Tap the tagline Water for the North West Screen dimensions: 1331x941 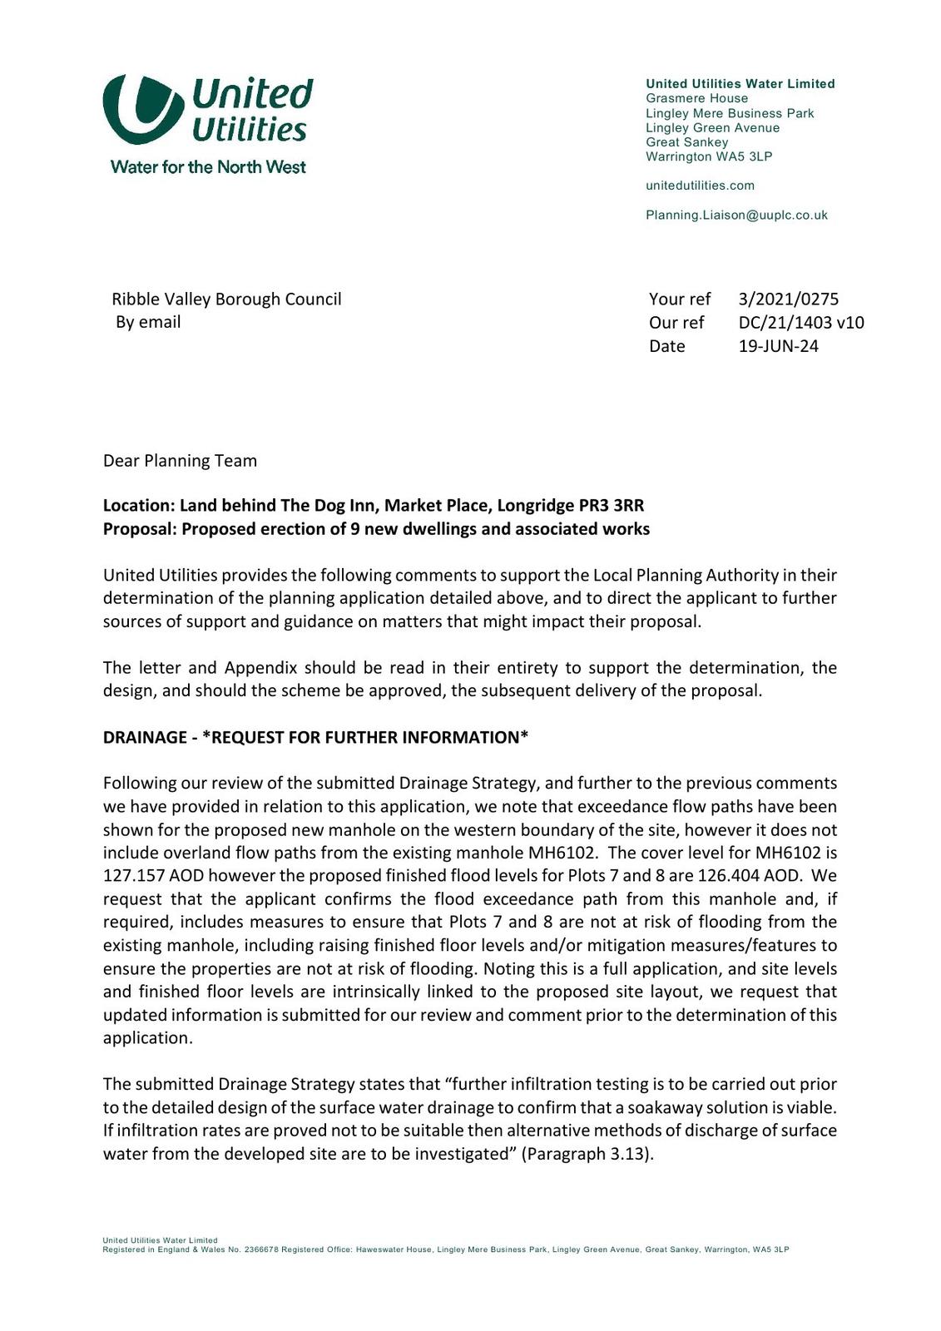click(208, 167)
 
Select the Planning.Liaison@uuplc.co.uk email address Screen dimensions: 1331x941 click(736, 215)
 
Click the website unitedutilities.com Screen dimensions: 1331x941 click(700, 186)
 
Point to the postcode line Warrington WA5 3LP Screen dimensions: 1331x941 click(709, 156)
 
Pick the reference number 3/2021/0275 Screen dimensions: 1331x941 click(788, 299)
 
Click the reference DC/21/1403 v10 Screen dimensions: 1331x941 click(800, 323)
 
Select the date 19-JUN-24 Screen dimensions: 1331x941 click(778, 346)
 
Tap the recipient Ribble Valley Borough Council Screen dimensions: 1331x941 click(226, 299)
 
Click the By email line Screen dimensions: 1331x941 click(148, 323)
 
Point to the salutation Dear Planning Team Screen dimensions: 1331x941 click(180, 461)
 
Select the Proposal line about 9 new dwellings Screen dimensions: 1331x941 click(376, 529)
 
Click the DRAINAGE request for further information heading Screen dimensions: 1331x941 click(315, 738)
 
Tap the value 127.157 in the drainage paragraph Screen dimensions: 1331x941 click(133, 876)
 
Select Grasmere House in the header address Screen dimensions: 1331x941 click(696, 98)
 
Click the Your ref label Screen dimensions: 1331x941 click(680, 299)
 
